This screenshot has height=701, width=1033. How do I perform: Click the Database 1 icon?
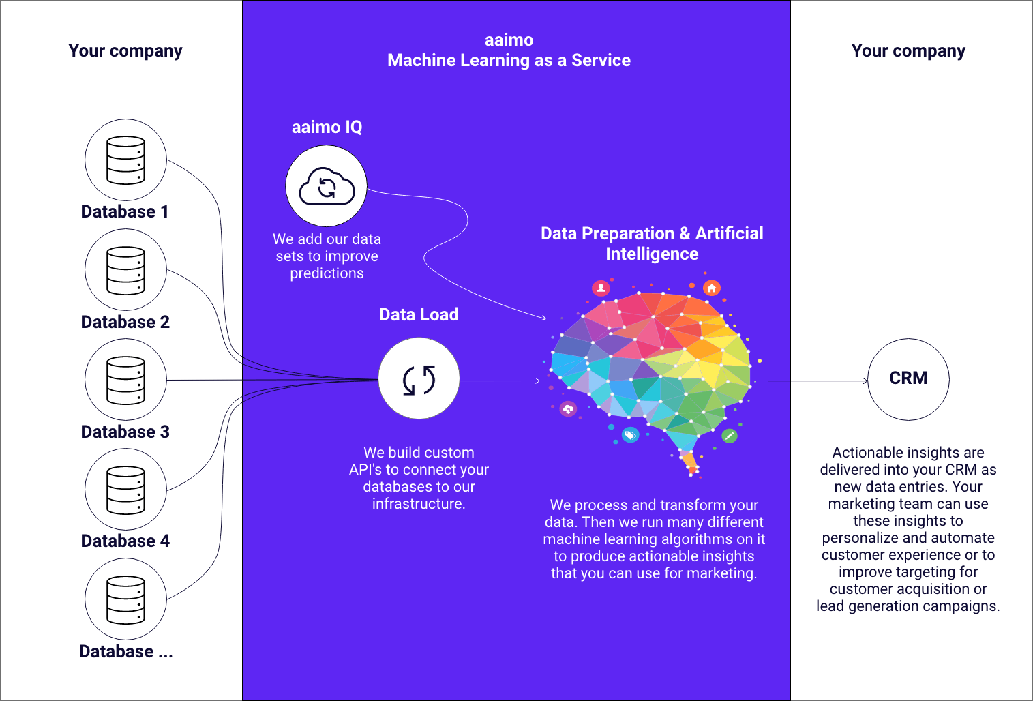pos(125,160)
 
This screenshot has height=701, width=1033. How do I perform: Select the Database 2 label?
pos(125,322)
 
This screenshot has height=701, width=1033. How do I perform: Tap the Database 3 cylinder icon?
pos(125,380)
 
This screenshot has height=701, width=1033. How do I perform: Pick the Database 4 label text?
pos(125,541)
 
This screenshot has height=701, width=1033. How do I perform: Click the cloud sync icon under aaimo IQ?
pos(327,186)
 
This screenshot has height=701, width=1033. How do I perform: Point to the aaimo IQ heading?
pos(327,127)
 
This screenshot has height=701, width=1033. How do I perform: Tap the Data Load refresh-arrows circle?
pos(419,379)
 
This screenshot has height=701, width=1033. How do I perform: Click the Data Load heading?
pos(419,314)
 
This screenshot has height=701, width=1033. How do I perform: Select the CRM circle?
pos(908,379)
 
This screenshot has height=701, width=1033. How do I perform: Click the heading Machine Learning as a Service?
pos(509,60)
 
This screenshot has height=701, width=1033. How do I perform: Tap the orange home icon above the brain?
pos(712,288)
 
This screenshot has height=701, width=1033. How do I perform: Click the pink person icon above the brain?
pos(601,288)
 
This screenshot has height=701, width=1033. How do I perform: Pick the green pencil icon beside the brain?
pos(729,435)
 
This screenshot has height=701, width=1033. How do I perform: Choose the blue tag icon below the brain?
pos(631,434)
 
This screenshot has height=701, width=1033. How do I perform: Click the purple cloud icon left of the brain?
pos(568,409)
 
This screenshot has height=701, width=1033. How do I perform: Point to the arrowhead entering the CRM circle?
pos(866,381)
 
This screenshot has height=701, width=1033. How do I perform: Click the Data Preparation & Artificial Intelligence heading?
pos(652,243)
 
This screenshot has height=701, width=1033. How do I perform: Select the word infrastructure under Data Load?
pos(419,504)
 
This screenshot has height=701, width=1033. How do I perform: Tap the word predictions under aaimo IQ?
pos(327,273)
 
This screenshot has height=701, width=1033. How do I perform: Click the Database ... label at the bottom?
pos(125,651)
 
